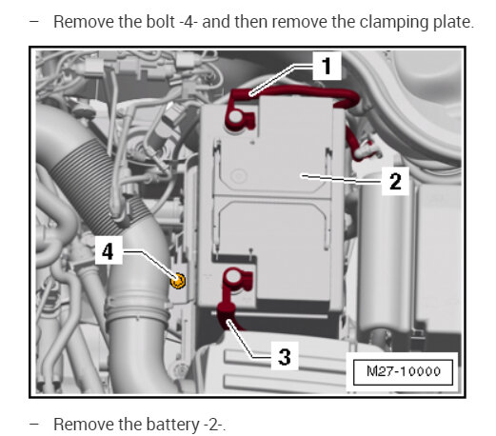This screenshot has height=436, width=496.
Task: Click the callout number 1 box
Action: [327, 66]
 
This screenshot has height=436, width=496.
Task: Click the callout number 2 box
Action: [395, 181]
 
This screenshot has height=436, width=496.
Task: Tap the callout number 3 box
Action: [285, 356]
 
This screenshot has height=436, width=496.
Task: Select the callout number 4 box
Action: [109, 250]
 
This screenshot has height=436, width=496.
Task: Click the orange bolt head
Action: [178, 281]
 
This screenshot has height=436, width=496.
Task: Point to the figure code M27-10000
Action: [404, 371]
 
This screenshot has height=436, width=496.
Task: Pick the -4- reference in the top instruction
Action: [188, 22]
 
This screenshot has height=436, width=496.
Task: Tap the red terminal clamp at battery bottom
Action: [237, 279]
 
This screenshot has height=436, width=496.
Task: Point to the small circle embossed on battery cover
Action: [238, 175]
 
